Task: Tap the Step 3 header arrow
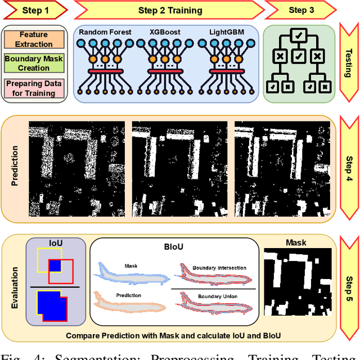(x=298, y=10)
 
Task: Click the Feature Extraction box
(x=34, y=38)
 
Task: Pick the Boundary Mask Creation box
(x=34, y=63)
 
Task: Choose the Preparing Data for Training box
(x=34, y=88)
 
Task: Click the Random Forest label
(x=105, y=33)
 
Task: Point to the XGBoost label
(x=166, y=33)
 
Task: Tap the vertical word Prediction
(x=15, y=166)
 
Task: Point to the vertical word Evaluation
(x=15, y=287)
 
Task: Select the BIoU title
(x=174, y=246)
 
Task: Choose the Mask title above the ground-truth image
(x=296, y=242)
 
